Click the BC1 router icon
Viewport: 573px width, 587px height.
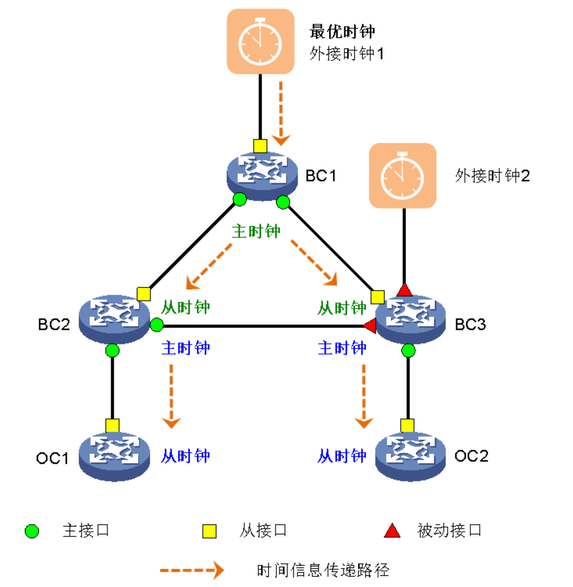point(262,175)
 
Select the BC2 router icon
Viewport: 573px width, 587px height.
point(114,319)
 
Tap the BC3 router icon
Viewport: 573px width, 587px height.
point(410,319)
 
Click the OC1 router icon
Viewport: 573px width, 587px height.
point(114,456)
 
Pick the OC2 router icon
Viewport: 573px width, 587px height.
point(410,456)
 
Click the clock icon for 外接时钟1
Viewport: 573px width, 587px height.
point(260,42)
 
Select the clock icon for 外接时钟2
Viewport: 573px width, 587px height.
point(403,175)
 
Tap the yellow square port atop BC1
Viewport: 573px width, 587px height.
point(260,146)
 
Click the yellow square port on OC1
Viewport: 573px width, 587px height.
point(112,426)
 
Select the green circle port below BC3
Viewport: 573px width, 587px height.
point(408,351)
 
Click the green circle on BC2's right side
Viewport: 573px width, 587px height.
point(157,325)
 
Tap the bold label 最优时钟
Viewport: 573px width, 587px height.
point(342,31)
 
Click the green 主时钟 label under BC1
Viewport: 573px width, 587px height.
point(256,231)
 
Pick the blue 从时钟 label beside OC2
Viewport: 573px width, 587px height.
point(341,456)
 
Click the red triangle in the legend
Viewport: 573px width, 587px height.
point(392,531)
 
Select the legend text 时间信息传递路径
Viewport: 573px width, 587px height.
point(323,571)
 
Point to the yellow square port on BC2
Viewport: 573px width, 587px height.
point(144,294)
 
